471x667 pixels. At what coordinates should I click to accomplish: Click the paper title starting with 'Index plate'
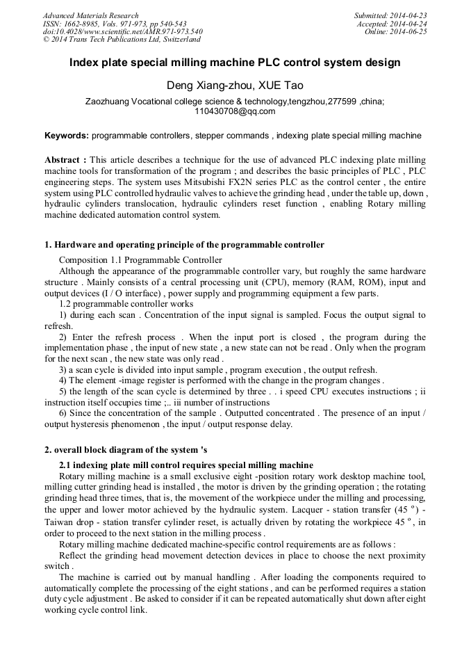[235, 63]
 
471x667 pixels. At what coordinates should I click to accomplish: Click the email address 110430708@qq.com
[235, 111]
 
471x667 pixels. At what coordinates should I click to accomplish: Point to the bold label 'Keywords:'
[67, 136]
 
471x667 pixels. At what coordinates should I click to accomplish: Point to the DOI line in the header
[122, 32]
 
